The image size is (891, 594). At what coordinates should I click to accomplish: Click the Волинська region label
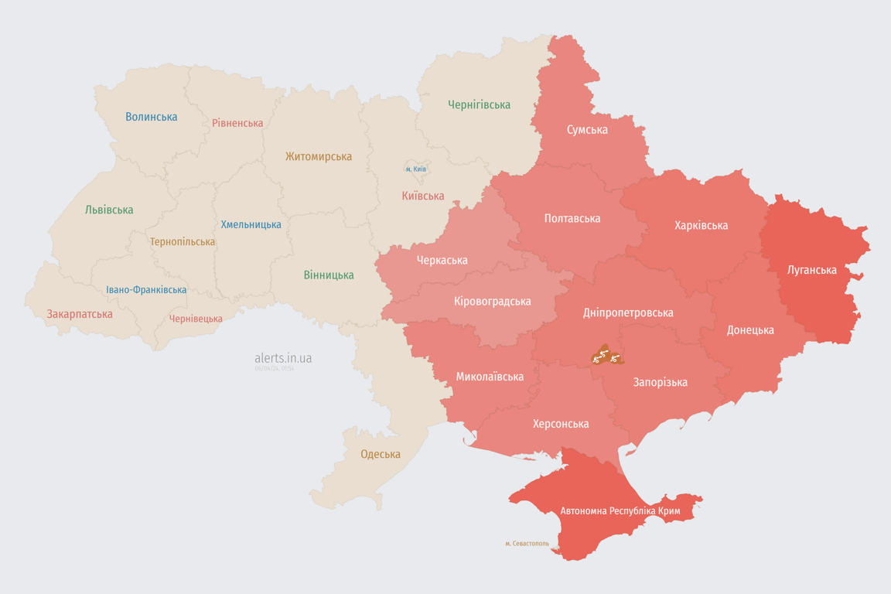point(152,117)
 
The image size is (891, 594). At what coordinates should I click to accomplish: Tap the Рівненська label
point(237,123)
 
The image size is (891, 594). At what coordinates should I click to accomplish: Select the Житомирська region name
point(318,156)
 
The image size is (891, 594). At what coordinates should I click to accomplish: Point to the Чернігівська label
point(479,104)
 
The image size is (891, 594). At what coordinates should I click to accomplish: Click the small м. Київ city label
point(415,169)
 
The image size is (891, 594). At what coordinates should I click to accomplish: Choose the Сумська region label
point(587,129)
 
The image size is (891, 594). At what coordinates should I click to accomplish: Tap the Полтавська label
point(572,218)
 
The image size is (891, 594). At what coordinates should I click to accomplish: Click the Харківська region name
point(701,225)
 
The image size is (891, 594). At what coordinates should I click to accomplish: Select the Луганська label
point(811,270)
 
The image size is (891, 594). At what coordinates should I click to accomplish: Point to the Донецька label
point(749,329)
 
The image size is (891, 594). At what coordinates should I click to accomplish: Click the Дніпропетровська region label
point(627,312)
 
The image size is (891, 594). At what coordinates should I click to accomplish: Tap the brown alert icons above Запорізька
point(606,357)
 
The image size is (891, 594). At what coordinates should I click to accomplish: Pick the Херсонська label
point(561,423)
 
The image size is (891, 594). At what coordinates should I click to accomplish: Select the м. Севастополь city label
point(527,543)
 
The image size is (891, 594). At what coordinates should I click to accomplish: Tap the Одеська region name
point(381,454)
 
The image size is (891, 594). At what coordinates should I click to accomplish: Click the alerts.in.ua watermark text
point(283,358)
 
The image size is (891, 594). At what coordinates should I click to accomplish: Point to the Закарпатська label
point(80,314)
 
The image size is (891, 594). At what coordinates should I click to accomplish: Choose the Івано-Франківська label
point(146,290)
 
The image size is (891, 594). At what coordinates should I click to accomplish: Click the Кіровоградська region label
point(493,301)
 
